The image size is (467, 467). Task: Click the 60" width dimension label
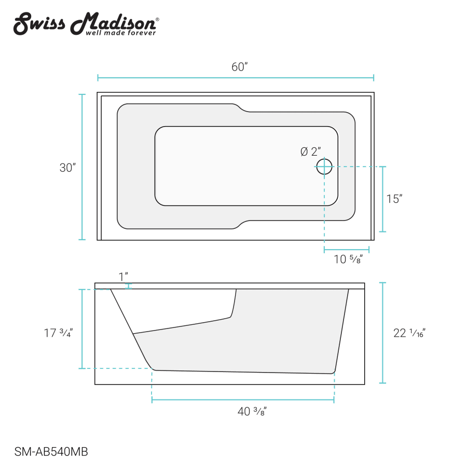(x=239, y=67)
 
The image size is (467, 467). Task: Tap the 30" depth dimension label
(x=67, y=168)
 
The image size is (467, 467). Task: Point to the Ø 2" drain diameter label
(x=311, y=152)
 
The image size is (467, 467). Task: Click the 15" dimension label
(x=394, y=199)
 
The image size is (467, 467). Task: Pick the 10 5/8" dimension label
(x=348, y=259)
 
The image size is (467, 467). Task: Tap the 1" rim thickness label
(x=123, y=277)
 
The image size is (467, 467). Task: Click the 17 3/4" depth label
(x=58, y=333)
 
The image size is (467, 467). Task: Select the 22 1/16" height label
(x=409, y=333)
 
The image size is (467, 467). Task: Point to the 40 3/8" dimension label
(x=252, y=411)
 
